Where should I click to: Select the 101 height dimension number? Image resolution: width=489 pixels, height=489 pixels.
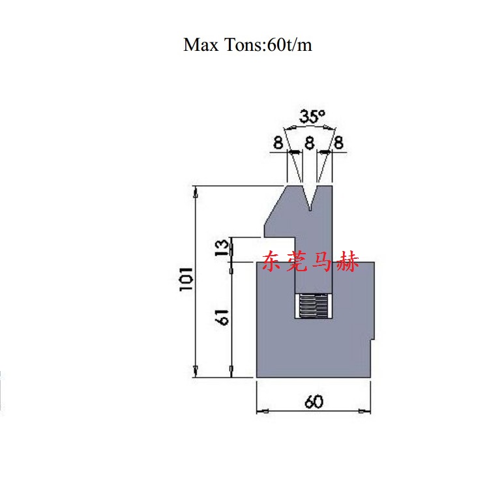pyautogui.click(x=186, y=279)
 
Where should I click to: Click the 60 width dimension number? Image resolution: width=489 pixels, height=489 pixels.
pyautogui.click(x=314, y=402)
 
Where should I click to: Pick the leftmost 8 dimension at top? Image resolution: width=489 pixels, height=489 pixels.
pyautogui.click(x=278, y=143)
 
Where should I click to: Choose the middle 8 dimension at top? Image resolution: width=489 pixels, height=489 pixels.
pyautogui.click(x=309, y=143)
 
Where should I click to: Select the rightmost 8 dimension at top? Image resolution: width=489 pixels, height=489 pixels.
pyautogui.click(x=338, y=143)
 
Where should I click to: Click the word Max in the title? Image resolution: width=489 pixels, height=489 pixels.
pyautogui.click(x=201, y=44)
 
